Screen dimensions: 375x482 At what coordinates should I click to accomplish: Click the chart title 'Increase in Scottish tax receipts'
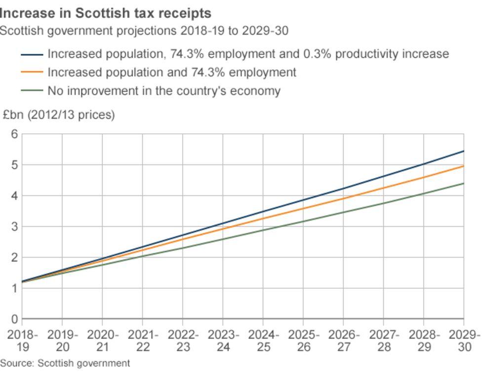click(x=106, y=13)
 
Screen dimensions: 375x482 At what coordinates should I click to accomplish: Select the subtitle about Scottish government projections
click(x=144, y=31)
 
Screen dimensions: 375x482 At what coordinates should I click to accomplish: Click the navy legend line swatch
click(x=32, y=54)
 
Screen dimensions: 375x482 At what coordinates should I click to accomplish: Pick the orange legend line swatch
click(x=32, y=73)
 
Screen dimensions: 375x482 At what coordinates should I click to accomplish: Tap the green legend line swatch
click(x=32, y=91)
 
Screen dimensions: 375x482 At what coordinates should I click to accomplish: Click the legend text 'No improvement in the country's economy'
click(x=164, y=91)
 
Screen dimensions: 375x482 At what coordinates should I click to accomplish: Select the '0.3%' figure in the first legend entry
click(x=316, y=54)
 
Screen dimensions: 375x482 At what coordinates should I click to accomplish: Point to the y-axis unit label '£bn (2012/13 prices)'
click(x=58, y=115)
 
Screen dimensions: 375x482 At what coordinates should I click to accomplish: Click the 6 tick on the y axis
click(x=14, y=134)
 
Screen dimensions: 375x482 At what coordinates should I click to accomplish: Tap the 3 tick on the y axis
click(x=14, y=226)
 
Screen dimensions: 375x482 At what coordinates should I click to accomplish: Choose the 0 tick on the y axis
click(x=14, y=319)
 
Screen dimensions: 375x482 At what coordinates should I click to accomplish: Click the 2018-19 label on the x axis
click(x=22, y=340)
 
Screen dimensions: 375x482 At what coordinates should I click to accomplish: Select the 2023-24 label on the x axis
click(x=223, y=340)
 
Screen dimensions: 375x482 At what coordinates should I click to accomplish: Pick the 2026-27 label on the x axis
click(x=344, y=340)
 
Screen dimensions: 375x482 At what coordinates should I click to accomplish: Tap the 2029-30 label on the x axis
click(x=464, y=340)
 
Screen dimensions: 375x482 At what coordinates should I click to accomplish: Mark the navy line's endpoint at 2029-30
click(x=464, y=151)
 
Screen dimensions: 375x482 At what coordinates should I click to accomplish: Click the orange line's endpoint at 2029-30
click(x=464, y=166)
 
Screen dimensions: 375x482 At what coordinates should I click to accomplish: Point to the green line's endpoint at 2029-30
click(x=464, y=184)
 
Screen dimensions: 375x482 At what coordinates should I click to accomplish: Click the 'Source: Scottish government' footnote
click(x=65, y=364)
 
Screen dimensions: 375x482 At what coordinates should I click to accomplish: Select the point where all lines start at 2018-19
click(x=22, y=282)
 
